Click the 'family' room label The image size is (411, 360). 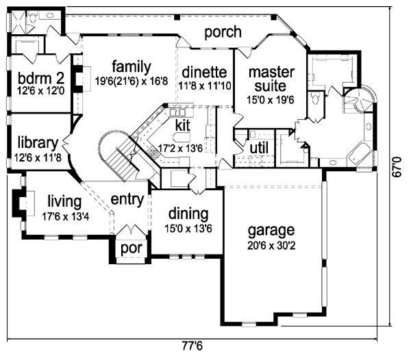[x=131, y=66]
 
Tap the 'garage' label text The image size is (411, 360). [x=272, y=230]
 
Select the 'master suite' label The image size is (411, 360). [x=271, y=79]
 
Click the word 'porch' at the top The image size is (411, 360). [x=223, y=31]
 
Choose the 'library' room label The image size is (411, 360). [x=36, y=143]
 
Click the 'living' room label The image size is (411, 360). [x=64, y=201]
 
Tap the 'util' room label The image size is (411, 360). [x=259, y=148]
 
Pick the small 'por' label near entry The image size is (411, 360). [x=130, y=248]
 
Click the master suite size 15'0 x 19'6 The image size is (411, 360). [x=271, y=100]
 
